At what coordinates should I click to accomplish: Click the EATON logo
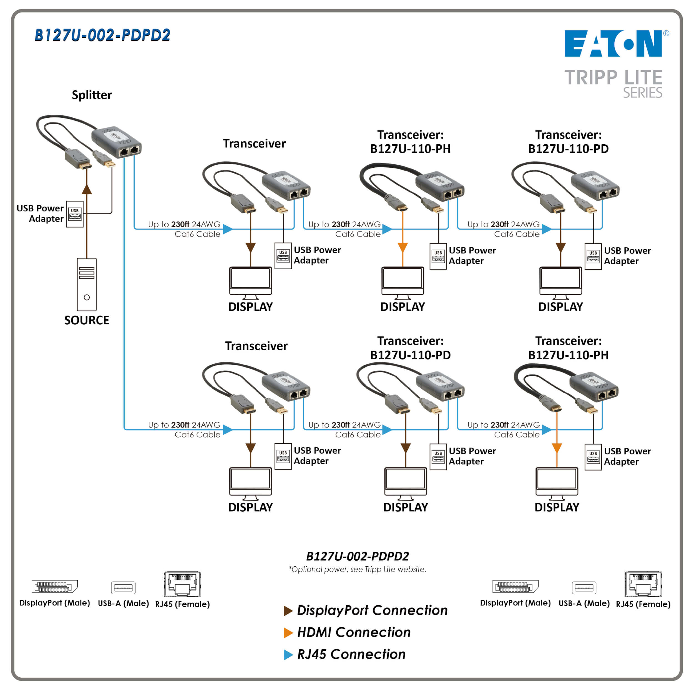click(x=613, y=44)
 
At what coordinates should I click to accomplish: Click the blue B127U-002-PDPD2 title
click(x=102, y=35)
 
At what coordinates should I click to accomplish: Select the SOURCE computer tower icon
click(x=87, y=284)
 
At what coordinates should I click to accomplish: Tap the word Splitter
click(x=92, y=95)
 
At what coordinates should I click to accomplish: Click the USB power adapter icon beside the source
click(x=75, y=214)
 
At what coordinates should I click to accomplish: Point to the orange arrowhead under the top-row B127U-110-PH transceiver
click(x=403, y=248)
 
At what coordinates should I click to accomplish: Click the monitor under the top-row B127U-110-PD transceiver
click(x=560, y=283)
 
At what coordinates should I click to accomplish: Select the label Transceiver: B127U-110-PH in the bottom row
click(x=568, y=348)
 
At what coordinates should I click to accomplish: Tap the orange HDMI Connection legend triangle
click(x=288, y=633)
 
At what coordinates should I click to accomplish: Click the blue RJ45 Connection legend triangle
click(x=288, y=655)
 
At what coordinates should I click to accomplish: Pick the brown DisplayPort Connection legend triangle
click(x=288, y=611)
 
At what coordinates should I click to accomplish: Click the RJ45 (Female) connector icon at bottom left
click(x=182, y=584)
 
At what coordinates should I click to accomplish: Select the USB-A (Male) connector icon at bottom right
click(x=584, y=588)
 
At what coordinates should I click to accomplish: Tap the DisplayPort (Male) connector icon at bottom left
click(x=55, y=587)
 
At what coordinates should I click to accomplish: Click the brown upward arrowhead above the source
click(x=87, y=189)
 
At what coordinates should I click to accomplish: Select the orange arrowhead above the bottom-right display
click(x=557, y=448)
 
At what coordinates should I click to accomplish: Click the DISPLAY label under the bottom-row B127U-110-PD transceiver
click(x=406, y=507)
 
